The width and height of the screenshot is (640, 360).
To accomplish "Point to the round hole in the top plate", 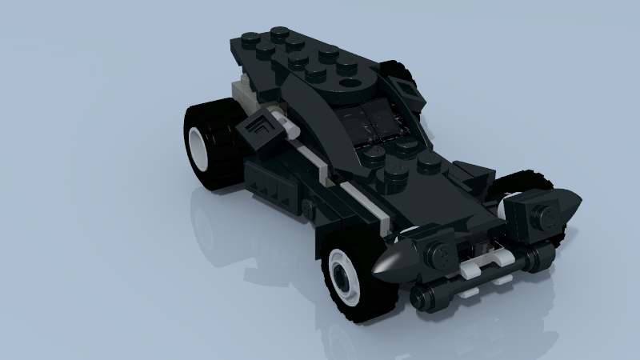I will [x=350, y=82].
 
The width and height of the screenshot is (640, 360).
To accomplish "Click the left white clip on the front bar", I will [x=470, y=271].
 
